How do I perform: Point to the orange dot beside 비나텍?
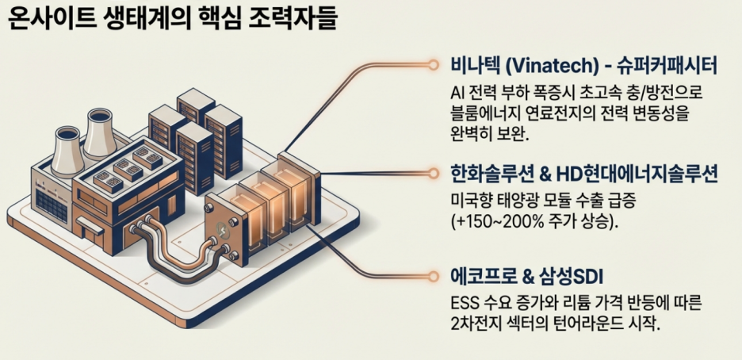tap(433, 63)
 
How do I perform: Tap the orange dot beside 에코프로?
tap(433, 276)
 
